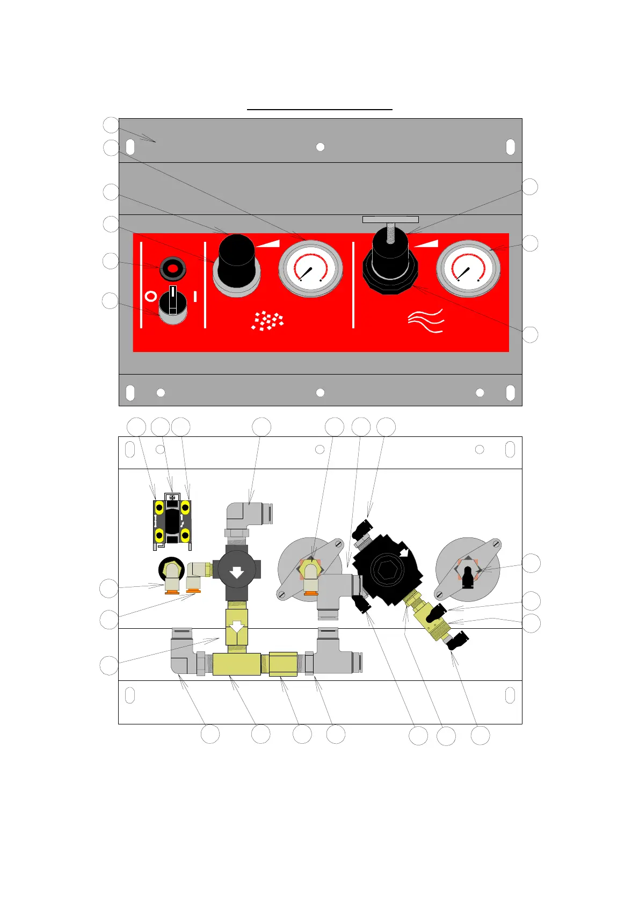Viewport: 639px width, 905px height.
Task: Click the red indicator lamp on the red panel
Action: (172, 268)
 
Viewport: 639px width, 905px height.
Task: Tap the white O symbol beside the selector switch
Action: (151, 297)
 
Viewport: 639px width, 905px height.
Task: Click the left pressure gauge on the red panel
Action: (310, 268)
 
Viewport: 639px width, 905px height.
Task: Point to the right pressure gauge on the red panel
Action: (468, 268)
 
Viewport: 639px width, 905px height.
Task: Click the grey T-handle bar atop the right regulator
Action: (390, 219)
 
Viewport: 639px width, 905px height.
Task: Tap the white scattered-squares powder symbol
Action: (267, 320)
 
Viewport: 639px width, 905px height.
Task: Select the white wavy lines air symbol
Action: (426, 320)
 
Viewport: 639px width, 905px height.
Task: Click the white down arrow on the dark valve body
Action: (237, 572)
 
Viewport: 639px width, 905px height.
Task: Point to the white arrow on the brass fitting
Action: (237, 627)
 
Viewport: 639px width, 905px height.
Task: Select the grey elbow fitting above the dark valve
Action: (247, 514)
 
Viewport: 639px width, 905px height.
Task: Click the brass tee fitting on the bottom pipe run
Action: (236, 664)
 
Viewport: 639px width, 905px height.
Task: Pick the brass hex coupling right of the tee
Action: (283, 664)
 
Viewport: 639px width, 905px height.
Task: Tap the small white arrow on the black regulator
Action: (404, 552)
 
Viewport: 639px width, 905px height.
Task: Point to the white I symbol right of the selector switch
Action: (195, 296)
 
